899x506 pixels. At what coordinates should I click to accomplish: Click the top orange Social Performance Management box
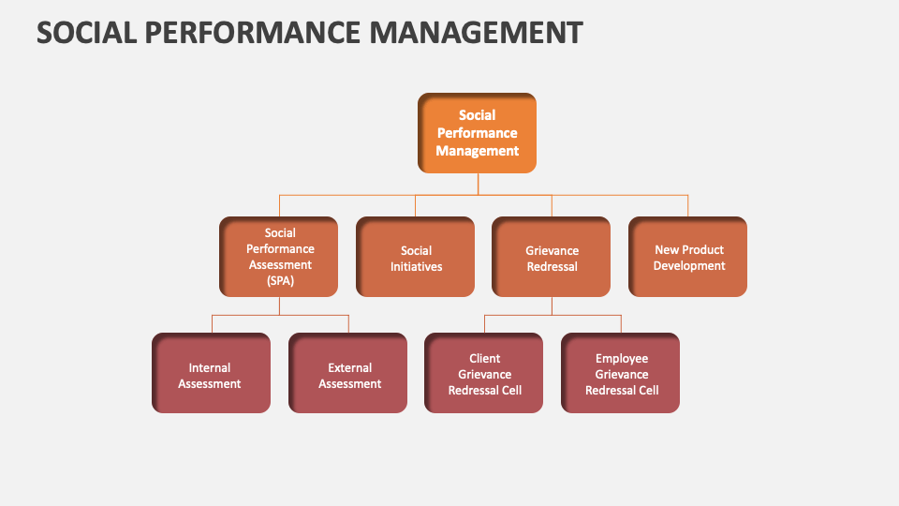[477, 133]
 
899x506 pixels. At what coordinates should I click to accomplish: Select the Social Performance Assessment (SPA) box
[279, 257]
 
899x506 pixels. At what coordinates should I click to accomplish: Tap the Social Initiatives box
[416, 258]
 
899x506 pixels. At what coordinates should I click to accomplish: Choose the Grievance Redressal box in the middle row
[552, 258]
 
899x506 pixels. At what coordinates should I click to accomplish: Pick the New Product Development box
[688, 258]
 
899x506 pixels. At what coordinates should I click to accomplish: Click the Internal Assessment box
[211, 374]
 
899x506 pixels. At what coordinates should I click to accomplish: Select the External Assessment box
[348, 374]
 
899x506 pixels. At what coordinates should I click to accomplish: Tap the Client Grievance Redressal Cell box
[484, 374]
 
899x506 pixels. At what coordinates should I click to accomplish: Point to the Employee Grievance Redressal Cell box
[621, 374]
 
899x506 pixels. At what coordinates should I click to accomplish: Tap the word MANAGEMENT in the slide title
[475, 32]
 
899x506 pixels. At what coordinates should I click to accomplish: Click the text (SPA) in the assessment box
[279, 281]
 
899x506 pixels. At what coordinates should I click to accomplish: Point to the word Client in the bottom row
[484, 358]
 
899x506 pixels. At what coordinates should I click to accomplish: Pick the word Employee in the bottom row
[622, 358]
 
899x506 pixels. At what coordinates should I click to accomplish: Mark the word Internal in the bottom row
[210, 367]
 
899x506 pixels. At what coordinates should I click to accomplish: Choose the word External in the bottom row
[349, 367]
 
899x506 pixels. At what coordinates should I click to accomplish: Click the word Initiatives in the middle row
[416, 266]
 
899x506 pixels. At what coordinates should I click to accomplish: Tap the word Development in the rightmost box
[689, 266]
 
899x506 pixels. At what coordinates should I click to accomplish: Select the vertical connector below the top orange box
[478, 184]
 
